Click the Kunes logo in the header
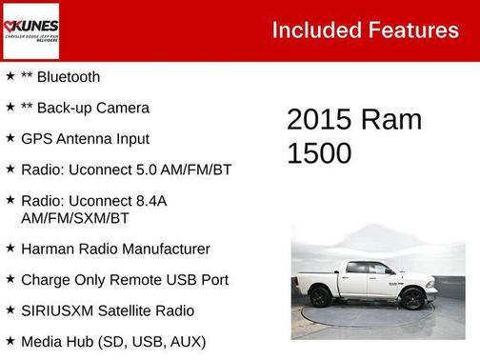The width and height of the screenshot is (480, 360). click(x=30, y=30)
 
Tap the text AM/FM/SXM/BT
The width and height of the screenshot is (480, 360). click(x=75, y=218)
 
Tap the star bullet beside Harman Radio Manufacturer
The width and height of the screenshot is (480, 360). click(x=10, y=249)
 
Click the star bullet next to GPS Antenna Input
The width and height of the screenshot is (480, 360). click(x=10, y=138)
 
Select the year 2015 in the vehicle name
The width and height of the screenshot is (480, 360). click(x=319, y=120)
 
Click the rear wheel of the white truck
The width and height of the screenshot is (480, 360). click(x=321, y=297)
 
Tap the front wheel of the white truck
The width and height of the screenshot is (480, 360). click(x=412, y=298)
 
